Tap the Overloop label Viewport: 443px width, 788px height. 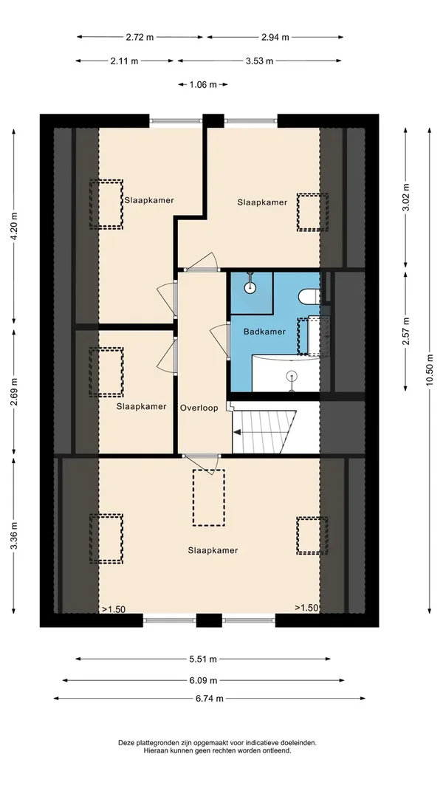(199, 407)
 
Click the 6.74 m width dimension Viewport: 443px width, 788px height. (209, 697)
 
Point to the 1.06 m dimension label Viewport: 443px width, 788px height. (202, 85)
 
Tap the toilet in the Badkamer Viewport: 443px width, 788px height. (309, 296)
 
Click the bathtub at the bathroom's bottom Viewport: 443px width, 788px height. (286, 374)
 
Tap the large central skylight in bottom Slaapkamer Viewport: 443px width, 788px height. (208, 497)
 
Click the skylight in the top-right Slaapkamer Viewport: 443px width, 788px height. (310, 212)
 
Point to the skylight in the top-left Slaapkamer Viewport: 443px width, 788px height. (106, 203)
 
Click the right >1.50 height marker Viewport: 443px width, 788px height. (306, 608)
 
